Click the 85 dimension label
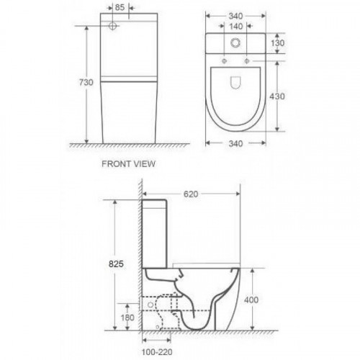(x=120, y=7)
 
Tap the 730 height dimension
(x=86, y=82)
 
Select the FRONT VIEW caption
(x=128, y=164)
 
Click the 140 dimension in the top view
(x=236, y=26)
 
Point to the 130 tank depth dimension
(x=277, y=43)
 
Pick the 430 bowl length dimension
(x=277, y=96)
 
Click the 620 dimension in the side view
(x=191, y=194)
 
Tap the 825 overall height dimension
(x=116, y=264)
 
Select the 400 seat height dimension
(x=251, y=300)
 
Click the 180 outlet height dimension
(x=127, y=318)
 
